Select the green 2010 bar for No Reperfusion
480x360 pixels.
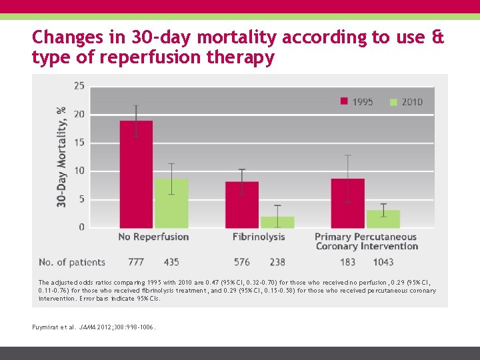(x=171, y=203)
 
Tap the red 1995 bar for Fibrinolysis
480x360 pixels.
(x=242, y=205)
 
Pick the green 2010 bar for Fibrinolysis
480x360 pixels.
(x=277, y=222)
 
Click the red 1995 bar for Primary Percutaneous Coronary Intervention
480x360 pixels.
(x=347, y=203)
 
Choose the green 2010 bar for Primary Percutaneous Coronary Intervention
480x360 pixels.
(x=383, y=219)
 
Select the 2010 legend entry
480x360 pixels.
(x=406, y=102)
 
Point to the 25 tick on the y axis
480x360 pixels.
(x=79, y=85)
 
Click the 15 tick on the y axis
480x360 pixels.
(x=79, y=143)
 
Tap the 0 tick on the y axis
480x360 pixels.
(x=81, y=227)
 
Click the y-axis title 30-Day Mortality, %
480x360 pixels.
(x=61, y=157)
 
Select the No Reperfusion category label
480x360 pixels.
(x=153, y=237)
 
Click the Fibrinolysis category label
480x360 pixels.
(x=259, y=237)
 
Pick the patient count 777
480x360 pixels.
(x=136, y=262)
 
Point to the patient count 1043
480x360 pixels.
(x=383, y=262)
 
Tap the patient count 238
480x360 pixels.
(x=277, y=262)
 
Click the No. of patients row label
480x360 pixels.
(x=72, y=262)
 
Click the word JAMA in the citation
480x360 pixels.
(x=86, y=327)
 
